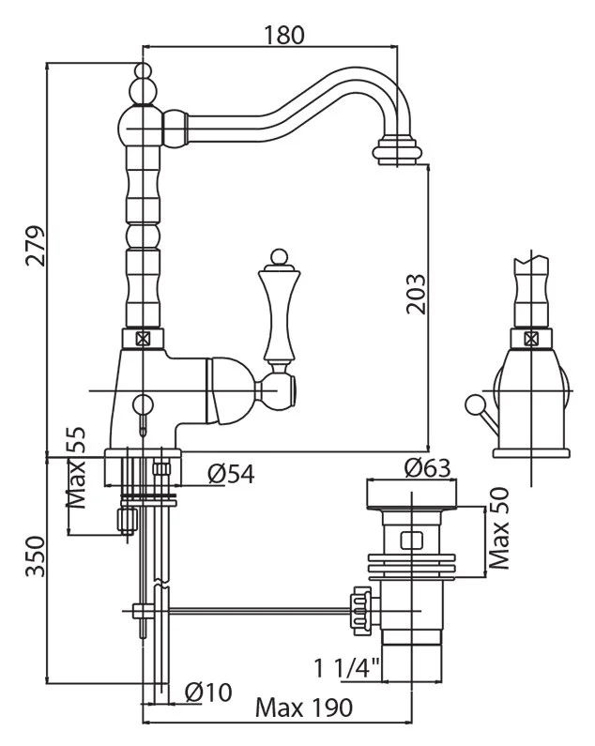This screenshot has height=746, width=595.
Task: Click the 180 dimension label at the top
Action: coord(282,35)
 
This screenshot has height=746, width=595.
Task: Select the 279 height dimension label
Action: coord(35,247)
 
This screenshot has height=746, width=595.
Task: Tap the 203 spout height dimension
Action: coord(416,294)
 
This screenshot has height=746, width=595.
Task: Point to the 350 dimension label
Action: coord(35,556)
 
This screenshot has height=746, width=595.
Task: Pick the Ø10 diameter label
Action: coord(207,692)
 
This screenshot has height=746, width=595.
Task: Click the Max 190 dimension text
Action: coord(302,708)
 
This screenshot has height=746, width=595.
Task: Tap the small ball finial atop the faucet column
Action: coord(143,71)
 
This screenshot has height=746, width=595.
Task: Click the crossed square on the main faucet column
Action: coord(144,339)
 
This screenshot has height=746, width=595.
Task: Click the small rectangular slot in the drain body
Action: coord(409,540)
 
